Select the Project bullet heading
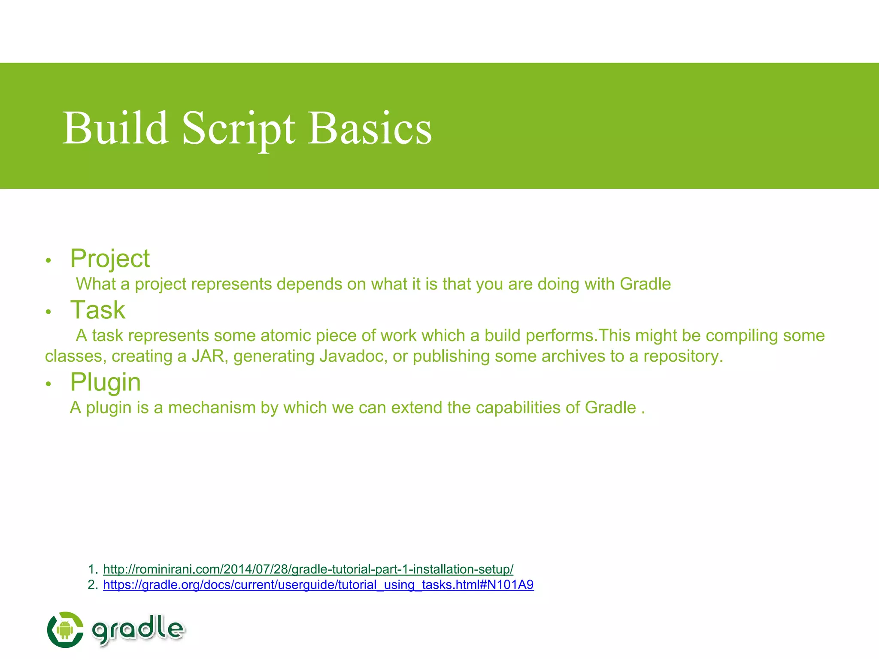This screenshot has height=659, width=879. (x=110, y=259)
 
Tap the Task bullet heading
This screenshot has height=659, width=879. (x=98, y=310)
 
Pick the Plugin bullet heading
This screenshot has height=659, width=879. (x=105, y=382)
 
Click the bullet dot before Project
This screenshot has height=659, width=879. (x=48, y=260)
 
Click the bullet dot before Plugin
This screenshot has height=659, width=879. (x=48, y=384)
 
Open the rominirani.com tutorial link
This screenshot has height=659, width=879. (x=308, y=569)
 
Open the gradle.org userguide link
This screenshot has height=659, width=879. (x=318, y=585)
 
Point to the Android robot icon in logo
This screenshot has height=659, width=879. (x=65, y=630)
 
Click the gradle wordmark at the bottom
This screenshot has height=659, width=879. (x=138, y=629)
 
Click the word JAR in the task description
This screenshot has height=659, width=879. (x=209, y=357)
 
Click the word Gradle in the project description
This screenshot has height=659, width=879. (x=645, y=284)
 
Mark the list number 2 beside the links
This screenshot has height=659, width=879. (x=92, y=585)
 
